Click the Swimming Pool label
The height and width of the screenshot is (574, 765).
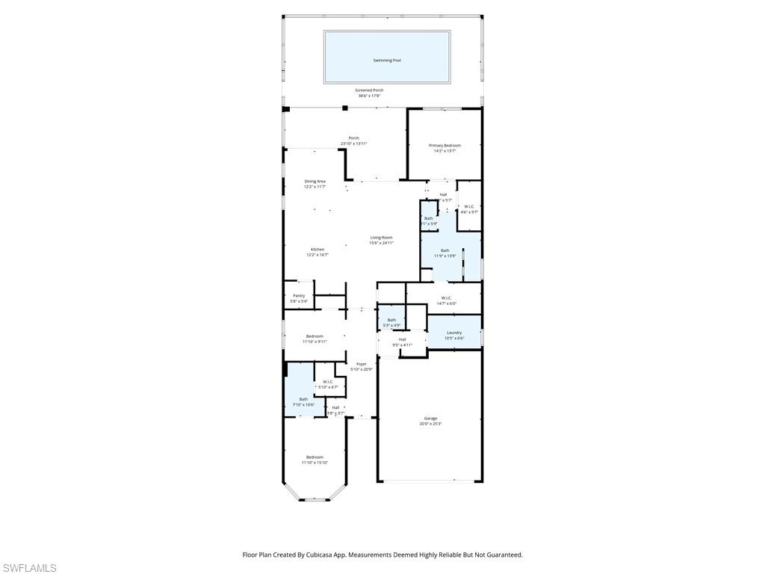[x=386, y=60]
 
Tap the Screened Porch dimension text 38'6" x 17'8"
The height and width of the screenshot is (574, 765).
[x=368, y=96]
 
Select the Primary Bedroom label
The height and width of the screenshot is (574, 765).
[x=445, y=146]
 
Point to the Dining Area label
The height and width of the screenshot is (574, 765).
[x=315, y=181]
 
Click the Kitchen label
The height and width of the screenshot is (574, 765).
[x=318, y=250]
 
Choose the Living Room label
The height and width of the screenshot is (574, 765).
[x=381, y=238]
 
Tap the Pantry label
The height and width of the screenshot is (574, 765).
[x=299, y=295]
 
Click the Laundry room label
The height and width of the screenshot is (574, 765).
[x=454, y=333]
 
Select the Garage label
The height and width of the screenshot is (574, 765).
[x=430, y=419]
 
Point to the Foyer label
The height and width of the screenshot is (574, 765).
[x=362, y=364]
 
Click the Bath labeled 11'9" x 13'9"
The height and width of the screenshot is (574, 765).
[x=445, y=250]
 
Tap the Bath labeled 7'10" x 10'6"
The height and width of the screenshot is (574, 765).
[x=303, y=399]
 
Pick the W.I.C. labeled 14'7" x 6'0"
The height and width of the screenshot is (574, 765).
[x=446, y=297]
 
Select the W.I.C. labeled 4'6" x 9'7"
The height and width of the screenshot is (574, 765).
[x=469, y=206]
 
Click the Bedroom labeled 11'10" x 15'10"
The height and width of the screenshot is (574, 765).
[x=315, y=457]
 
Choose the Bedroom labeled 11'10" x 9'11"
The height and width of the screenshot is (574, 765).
[x=315, y=336]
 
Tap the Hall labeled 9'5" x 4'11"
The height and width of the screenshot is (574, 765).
[x=402, y=339]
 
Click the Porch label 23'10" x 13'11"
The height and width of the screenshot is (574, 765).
[x=353, y=138]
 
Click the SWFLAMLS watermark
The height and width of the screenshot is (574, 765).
[x=28, y=568]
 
